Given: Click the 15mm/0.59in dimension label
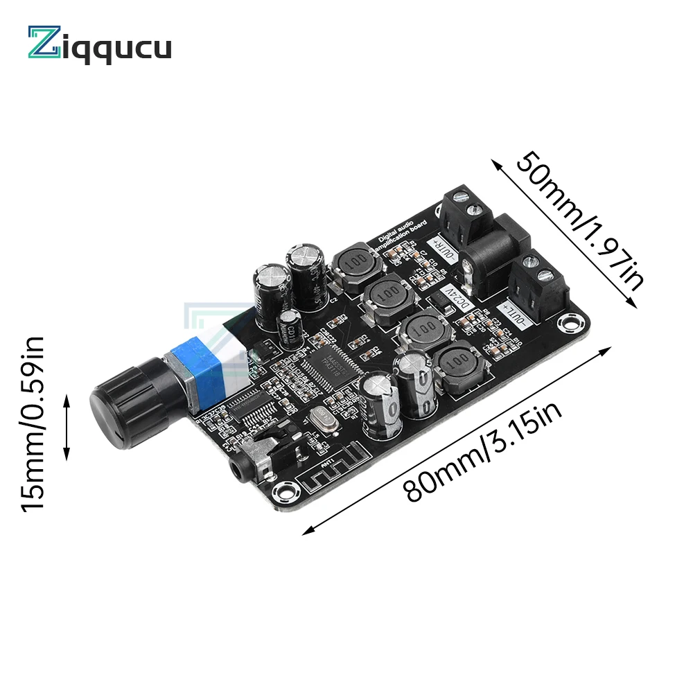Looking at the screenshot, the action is pyautogui.click(x=33, y=424).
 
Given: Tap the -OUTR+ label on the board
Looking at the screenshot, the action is pyautogui.click(x=443, y=254).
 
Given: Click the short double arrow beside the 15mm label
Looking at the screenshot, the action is pyautogui.click(x=67, y=428).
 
